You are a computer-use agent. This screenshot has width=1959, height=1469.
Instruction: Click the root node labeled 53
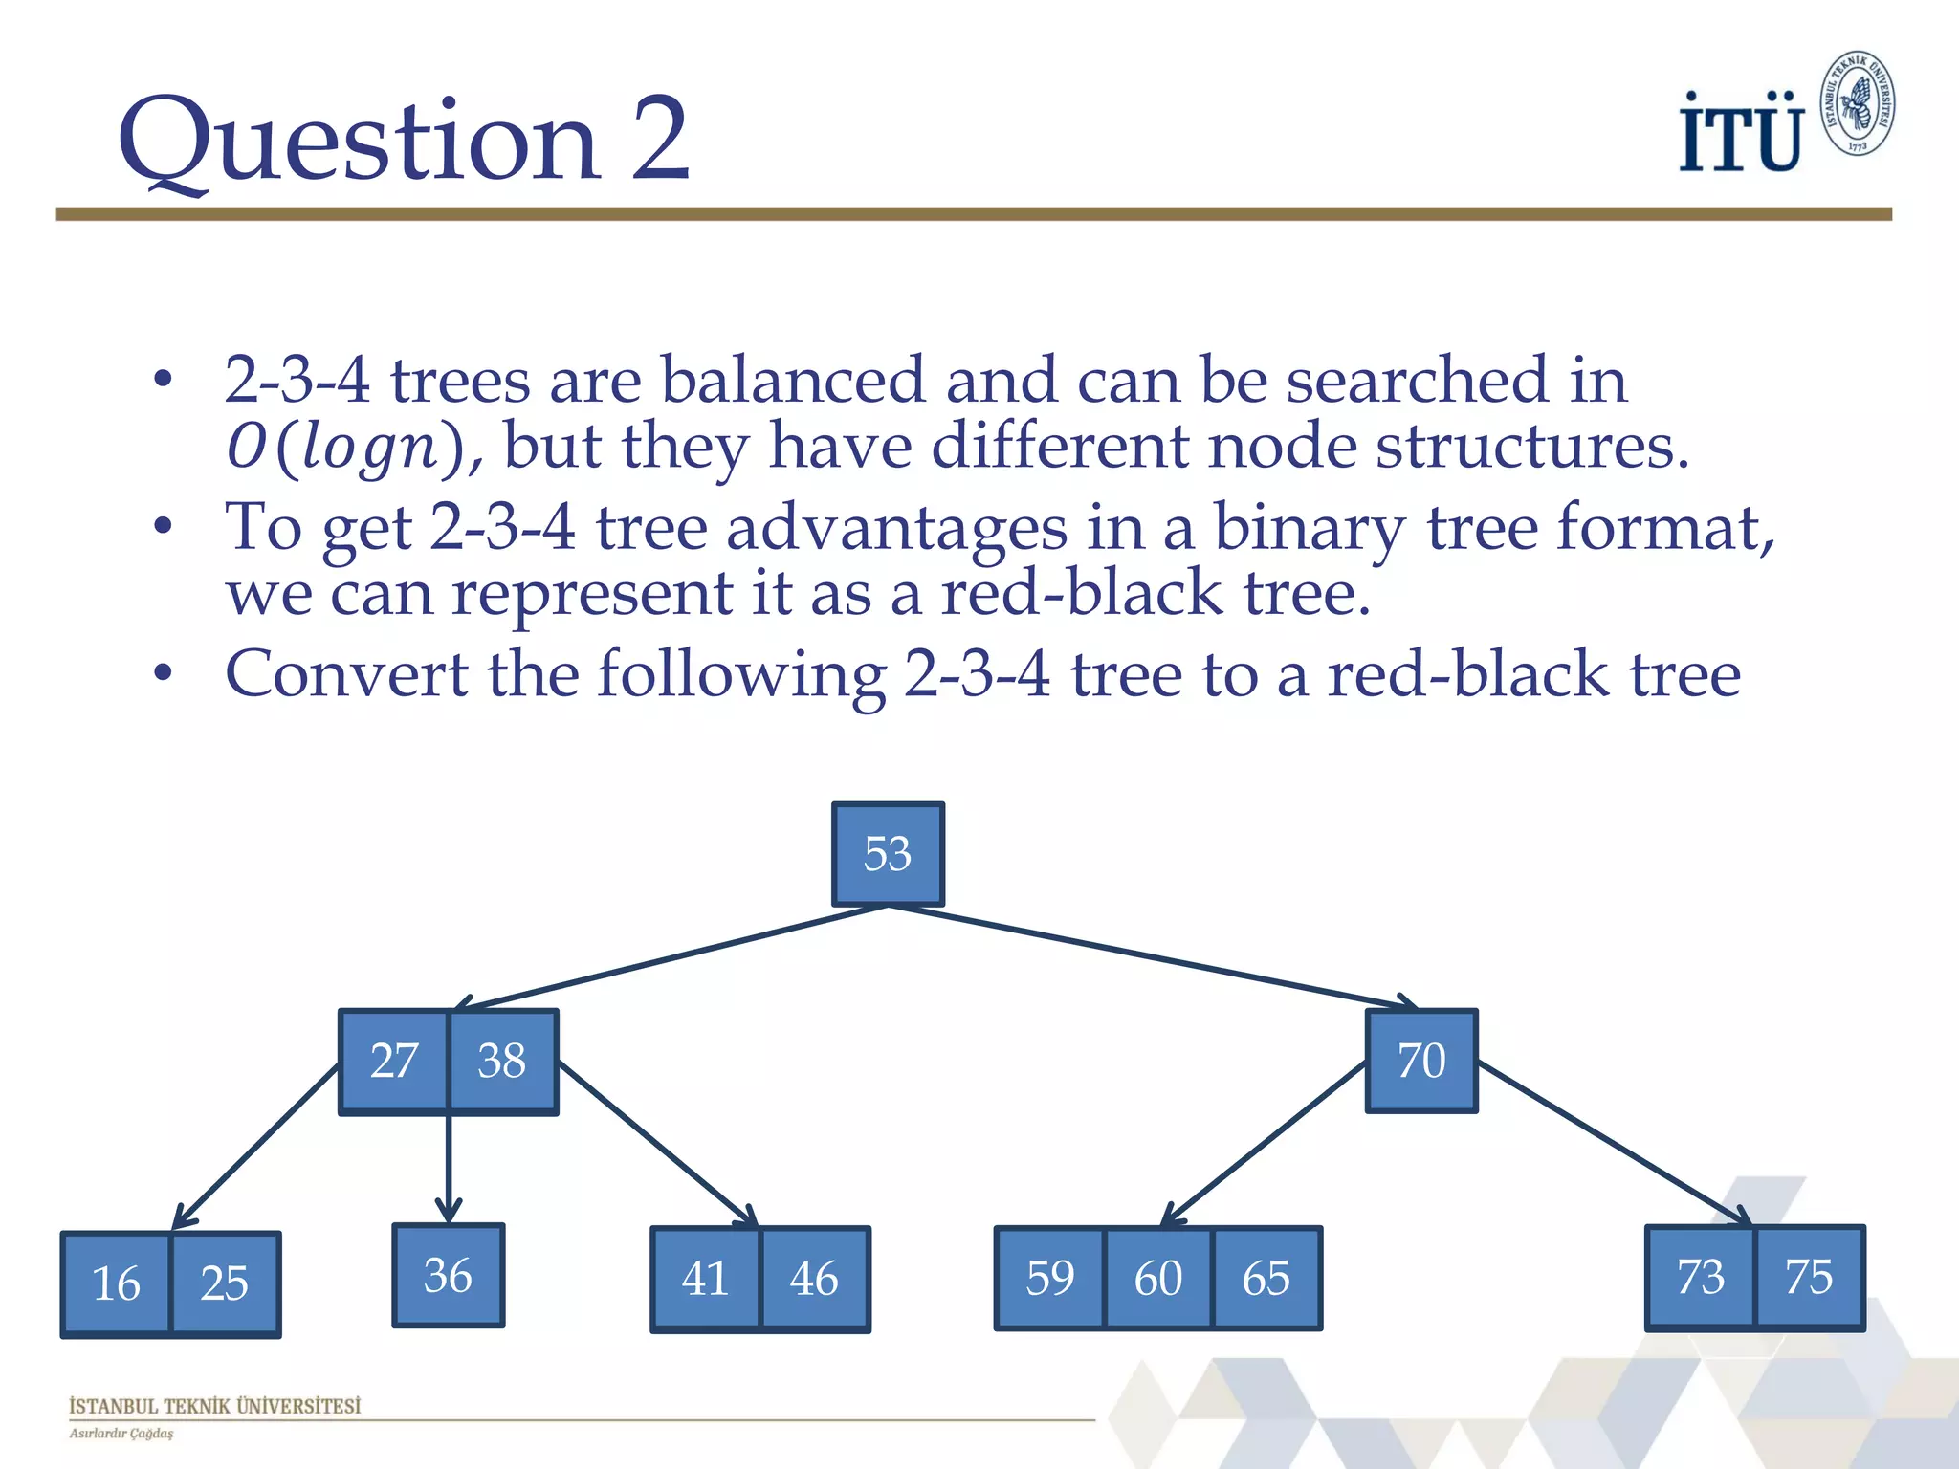click(x=888, y=854)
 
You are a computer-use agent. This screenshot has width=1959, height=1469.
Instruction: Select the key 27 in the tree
click(x=393, y=1062)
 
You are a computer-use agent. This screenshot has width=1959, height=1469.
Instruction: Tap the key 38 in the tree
click(x=502, y=1062)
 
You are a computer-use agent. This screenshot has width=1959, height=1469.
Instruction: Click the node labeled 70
click(x=1421, y=1061)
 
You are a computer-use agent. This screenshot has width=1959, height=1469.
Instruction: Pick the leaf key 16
click(x=116, y=1283)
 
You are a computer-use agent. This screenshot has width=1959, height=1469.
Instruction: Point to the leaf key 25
click(x=225, y=1283)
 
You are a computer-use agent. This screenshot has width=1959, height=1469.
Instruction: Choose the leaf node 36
click(x=448, y=1276)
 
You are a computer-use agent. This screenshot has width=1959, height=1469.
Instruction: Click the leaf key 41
click(x=706, y=1279)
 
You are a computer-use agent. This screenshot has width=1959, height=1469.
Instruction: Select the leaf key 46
click(x=814, y=1279)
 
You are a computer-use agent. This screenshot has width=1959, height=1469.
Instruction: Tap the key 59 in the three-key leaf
click(x=1050, y=1279)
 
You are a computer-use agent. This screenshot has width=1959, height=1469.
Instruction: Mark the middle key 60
click(x=1158, y=1279)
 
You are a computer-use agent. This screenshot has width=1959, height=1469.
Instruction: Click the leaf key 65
click(x=1266, y=1279)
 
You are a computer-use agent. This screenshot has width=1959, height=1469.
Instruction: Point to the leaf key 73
click(x=1701, y=1278)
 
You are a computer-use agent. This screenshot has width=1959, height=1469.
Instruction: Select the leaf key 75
click(x=1809, y=1278)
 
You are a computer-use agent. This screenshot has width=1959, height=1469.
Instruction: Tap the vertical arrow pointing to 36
click(x=449, y=1167)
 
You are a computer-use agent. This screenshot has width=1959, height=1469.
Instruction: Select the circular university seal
click(x=1857, y=103)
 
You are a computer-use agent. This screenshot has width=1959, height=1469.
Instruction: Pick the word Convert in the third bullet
click(x=346, y=674)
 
